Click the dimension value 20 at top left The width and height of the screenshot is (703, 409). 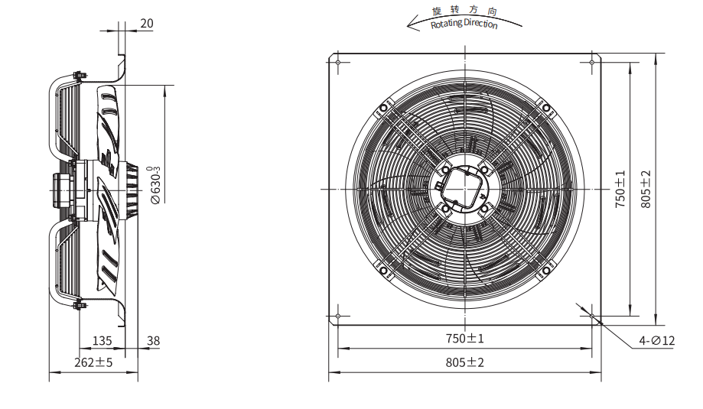(147, 23)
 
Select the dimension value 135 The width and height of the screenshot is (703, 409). (102, 341)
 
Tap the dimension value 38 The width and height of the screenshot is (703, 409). (153, 341)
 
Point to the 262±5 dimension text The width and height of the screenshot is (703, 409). (93, 362)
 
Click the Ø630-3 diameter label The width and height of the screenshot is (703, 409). (155, 185)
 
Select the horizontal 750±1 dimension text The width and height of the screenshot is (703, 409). (465, 338)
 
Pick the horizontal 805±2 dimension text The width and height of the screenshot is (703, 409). (465, 362)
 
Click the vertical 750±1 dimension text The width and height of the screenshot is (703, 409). (620, 189)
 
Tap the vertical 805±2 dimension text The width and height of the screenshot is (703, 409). (646, 189)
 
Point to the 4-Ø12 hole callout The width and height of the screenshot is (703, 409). (657, 341)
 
